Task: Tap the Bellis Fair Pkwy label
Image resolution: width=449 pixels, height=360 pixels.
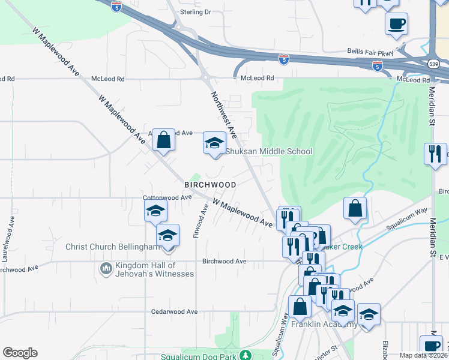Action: coord(369,52)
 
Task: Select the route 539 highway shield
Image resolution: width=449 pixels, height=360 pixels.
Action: coord(433,64)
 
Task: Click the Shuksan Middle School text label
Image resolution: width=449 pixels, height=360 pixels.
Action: coord(269,152)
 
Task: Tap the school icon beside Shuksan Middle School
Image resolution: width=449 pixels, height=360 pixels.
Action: coord(214,143)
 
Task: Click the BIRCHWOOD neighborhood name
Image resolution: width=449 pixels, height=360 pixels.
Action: coord(210,184)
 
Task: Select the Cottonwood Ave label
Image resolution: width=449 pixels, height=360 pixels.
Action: coord(167,197)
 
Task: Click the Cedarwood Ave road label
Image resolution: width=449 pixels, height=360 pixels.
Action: coord(174,312)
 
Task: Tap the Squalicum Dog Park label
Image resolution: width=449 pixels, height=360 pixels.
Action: coord(199,356)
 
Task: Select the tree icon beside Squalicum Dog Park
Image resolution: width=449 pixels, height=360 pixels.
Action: coord(245,355)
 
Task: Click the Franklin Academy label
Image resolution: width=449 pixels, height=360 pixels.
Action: coord(324,325)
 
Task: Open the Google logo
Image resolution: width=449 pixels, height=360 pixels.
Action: coord(20,353)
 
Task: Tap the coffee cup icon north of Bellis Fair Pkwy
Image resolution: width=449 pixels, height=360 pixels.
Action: coord(396,25)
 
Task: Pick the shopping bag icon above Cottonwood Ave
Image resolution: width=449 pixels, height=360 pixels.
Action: coord(163,140)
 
